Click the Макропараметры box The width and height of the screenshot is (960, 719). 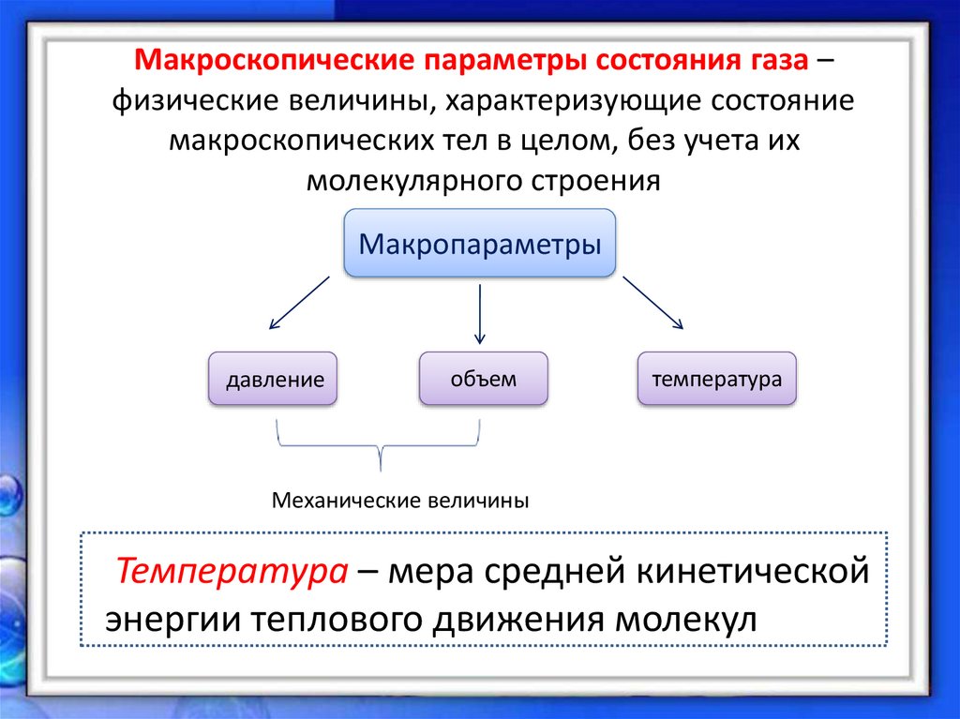click(480, 245)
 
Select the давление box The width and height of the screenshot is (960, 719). click(274, 380)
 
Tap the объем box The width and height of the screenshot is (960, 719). click(483, 378)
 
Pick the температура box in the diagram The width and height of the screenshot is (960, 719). click(717, 379)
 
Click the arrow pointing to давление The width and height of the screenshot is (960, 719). click(299, 303)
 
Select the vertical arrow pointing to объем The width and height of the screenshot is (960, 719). click(480, 314)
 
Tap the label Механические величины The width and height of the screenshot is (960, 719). click(400, 500)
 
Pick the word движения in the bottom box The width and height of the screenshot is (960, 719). click(519, 620)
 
